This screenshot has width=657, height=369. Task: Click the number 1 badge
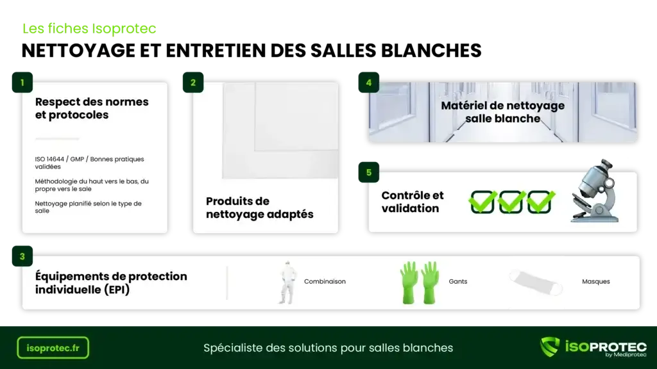click(x=22, y=83)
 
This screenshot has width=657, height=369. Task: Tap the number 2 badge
click(x=193, y=83)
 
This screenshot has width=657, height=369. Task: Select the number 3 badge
click(x=22, y=256)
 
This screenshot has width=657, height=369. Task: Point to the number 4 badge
click(x=369, y=83)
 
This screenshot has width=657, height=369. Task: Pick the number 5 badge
click(x=369, y=172)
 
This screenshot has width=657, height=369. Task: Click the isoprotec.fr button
click(x=53, y=348)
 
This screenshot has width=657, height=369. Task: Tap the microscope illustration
click(x=595, y=191)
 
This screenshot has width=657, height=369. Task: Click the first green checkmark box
click(x=482, y=202)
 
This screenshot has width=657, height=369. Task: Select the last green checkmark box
click(x=540, y=202)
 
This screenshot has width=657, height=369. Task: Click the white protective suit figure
click(x=287, y=283)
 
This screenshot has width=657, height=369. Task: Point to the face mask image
click(x=536, y=283)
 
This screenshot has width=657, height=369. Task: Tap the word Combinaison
click(x=325, y=282)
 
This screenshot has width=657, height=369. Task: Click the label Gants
click(x=458, y=282)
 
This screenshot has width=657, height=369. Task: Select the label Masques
click(x=596, y=282)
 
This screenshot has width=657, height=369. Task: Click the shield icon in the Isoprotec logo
click(x=550, y=347)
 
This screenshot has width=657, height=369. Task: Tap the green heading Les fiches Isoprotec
click(x=89, y=28)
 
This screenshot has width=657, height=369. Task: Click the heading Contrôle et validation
click(x=413, y=202)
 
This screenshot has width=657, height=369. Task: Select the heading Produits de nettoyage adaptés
click(x=259, y=208)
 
